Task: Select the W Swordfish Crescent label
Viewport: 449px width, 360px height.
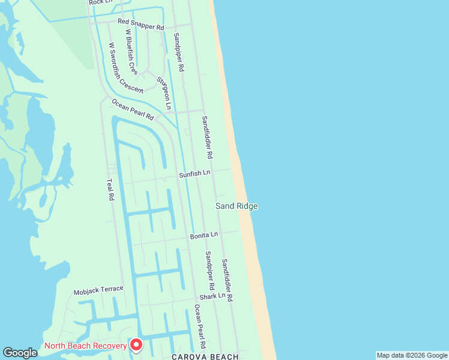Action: [125, 68]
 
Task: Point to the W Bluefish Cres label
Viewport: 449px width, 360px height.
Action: [131, 55]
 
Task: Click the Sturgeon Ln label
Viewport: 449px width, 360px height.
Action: [164, 93]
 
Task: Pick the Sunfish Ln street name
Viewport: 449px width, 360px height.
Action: [194, 174]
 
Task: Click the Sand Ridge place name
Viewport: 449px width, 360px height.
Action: [237, 206]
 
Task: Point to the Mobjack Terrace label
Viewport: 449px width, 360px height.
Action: [98, 291]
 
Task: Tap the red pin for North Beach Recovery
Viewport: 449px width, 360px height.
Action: [136, 344]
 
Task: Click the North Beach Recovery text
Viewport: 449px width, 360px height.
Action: [86, 346]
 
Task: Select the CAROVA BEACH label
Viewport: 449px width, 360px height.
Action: [197, 356]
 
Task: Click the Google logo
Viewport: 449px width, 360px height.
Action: [20, 353]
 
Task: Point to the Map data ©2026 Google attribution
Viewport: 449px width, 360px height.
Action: [412, 355]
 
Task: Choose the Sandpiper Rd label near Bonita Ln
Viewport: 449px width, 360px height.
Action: [208, 267]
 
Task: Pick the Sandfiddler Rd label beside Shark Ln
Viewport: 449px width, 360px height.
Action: [226, 280]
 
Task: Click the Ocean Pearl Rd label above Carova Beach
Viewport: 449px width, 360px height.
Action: [200, 327]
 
